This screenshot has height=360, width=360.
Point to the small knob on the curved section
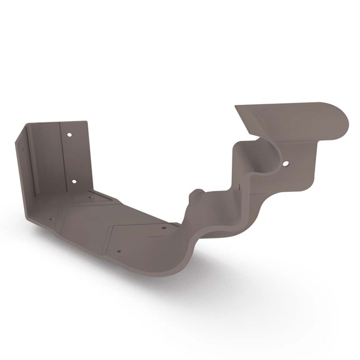point(197,195)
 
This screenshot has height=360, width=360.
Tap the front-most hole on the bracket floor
point(118,252)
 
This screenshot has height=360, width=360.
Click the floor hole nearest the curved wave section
point(163,228)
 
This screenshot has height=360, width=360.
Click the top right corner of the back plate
point(86,122)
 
